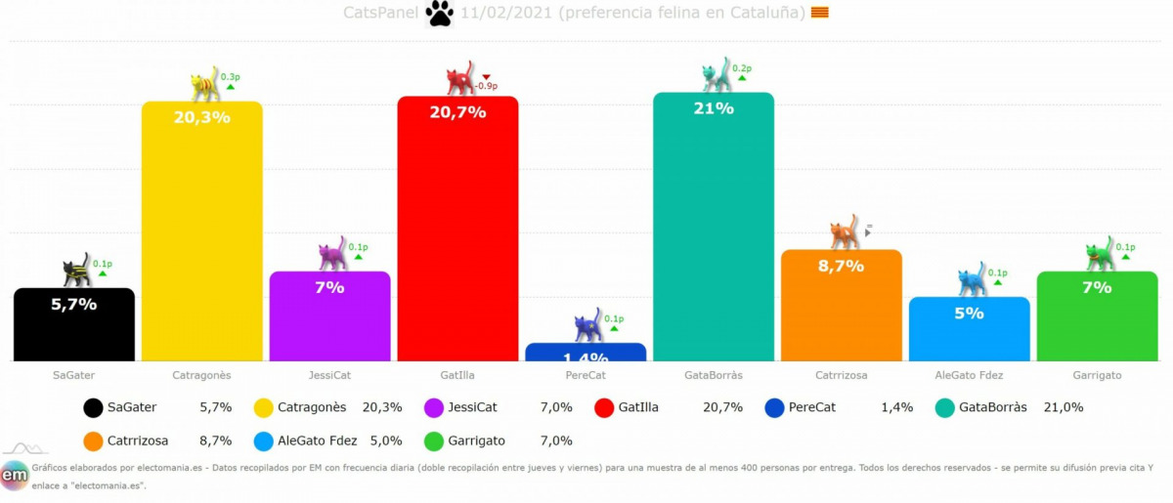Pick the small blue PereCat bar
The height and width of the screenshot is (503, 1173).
(586, 352)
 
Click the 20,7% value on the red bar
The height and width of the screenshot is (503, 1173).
(456, 112)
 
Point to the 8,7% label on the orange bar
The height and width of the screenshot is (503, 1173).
(841, 266)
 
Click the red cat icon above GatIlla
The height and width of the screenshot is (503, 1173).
(459, 79)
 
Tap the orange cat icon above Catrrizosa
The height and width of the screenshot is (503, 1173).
(844, 232)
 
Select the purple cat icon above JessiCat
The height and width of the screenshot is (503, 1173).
(332, 254)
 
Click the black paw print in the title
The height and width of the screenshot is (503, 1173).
(440, 14)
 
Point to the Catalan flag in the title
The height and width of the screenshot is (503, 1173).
(820, 13)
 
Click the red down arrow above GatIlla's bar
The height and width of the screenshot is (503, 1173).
(486, 76)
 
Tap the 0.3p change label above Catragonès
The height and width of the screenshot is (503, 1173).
(230, 76)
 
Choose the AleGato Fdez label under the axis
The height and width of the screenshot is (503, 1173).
(969, 375)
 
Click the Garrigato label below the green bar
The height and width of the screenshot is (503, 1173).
(1097, 375)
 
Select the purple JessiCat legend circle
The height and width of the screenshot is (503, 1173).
(435, 408)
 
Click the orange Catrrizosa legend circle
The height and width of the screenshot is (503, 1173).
(94, 441)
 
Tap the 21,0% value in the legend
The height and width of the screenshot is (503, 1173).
(1064, 407)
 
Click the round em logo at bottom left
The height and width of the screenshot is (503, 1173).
(15, 476)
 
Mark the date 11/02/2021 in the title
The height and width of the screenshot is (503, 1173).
(500, 13)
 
